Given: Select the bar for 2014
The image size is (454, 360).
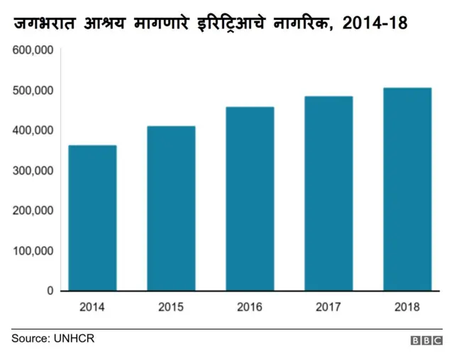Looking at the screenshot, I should click(92, 218).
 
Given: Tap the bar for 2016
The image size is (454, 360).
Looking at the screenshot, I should click(250, 199).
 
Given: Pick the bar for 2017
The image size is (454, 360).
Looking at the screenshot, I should click(328, 193).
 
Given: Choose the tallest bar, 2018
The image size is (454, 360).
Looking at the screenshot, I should click(407, 189).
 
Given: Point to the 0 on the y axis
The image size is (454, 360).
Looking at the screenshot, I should click(50, 291).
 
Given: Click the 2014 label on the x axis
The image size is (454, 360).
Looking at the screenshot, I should click(92, 307).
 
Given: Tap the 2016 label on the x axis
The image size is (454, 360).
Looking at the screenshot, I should click(250, 307).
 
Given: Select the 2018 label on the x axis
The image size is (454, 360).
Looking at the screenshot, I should click(407, 307).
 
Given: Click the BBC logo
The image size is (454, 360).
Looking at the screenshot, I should click(426, 341).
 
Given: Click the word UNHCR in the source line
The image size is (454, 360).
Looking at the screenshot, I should click(74, 339).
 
